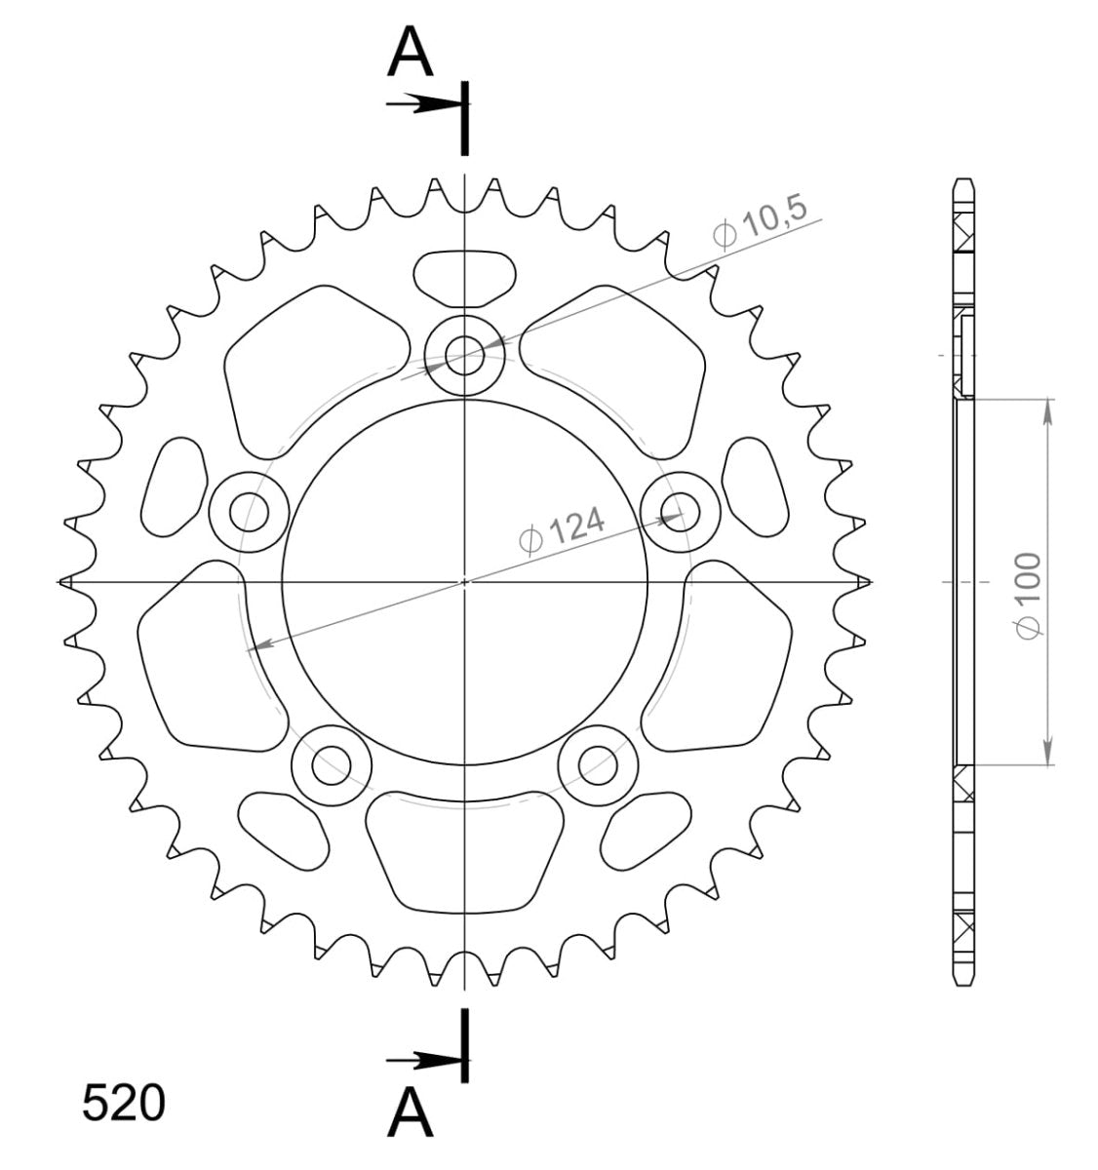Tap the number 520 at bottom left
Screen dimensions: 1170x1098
124,1105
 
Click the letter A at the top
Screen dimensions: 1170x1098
410,54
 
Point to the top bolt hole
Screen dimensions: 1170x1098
465,355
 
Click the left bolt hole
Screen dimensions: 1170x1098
250,510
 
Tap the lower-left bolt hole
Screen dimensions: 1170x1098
332,763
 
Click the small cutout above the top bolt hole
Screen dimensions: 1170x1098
465,273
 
